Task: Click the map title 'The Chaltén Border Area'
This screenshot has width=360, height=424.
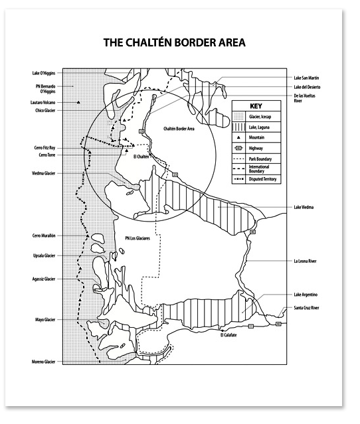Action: tap(175, 43)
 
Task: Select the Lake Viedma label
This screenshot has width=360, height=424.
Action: tap(304, 207)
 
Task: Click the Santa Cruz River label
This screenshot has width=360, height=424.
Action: tap(307, 308)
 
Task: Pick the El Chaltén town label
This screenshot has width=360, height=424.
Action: tap(141, 156)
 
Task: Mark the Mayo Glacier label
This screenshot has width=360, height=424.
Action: tap(45, 320)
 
